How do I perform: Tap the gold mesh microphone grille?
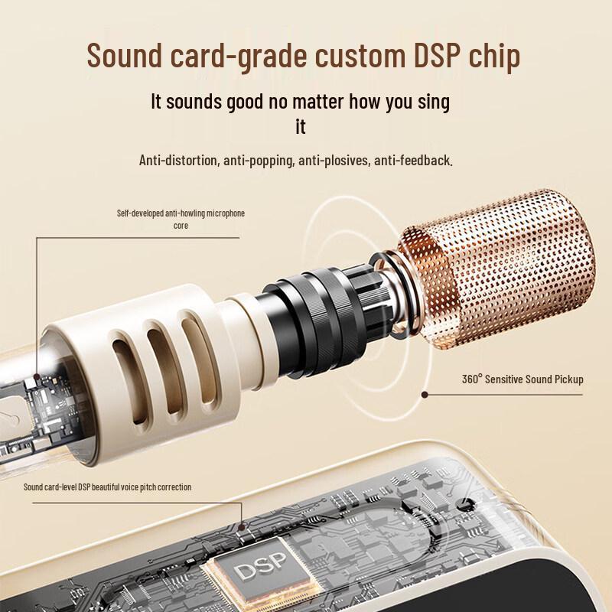(x=496, y=269)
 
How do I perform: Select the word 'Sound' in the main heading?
(x=125, y=55)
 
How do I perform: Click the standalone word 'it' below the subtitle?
(x=300, y=126)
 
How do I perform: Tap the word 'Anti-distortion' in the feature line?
(x=178, y=160)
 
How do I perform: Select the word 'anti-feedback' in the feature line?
(x=413, y=160)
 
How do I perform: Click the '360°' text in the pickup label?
(x=472, y=379)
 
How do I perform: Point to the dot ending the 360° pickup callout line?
(x=425, y=395)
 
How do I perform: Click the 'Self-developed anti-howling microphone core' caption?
(x=181, y=220)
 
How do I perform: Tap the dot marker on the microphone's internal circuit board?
(x=37, y=377)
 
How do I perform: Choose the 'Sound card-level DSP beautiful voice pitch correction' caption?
(x=107, y=487)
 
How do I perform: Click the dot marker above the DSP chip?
(x=242, y=527)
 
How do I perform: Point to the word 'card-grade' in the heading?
(x=239, y=57)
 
